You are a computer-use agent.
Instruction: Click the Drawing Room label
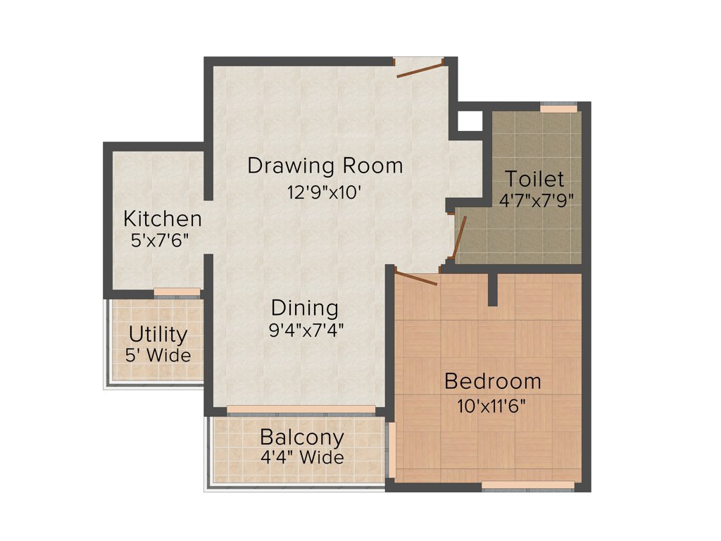click(325, 166)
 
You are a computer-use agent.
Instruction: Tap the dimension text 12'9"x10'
click(325, 191)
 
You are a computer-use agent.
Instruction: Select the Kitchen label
click(163, 218)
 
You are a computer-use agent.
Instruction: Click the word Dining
click(305, 308)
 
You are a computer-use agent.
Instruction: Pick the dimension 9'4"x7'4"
click(306, 329)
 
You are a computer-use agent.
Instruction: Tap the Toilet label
click(535, 178)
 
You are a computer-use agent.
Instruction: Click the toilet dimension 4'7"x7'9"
click(537, 200)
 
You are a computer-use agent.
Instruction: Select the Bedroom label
click(493, 381)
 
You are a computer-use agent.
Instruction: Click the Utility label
click(158, 334)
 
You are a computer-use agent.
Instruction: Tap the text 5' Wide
click(158, 355)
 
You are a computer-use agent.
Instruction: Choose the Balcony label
click(302, 437)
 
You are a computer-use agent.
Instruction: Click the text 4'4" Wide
click(302, 457)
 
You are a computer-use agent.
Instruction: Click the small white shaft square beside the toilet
click(470, 121)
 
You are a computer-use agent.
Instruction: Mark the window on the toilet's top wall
click(558, 108)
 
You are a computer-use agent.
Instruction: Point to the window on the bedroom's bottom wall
click(527, 485)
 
